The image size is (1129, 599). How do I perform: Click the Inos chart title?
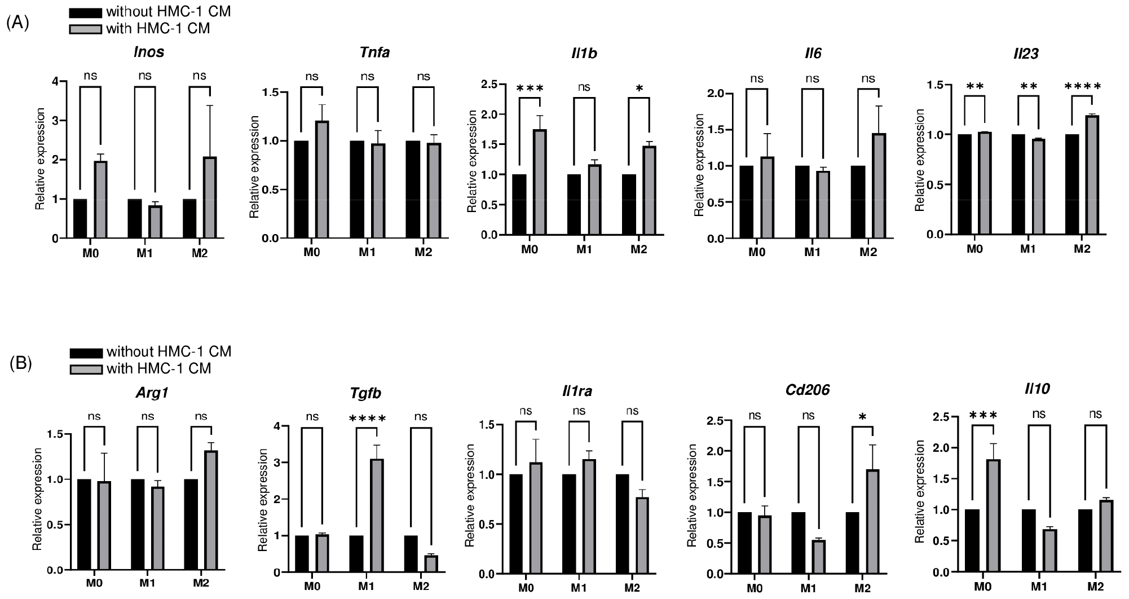coord(149,52)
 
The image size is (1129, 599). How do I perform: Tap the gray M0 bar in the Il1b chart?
coord(540,182)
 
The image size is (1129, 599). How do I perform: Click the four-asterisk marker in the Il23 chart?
coord(1082,87)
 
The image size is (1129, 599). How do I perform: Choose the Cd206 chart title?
coord(808,390)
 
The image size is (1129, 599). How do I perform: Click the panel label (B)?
coord(21,364)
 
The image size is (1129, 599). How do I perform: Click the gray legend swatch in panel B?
coord(86,369)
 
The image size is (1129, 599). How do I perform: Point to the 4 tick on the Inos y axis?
coord(54,82)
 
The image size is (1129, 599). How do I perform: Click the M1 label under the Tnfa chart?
coord(367,252)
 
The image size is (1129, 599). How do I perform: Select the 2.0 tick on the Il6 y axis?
coord(716,93)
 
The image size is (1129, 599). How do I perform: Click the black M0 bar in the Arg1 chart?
coord(84,525)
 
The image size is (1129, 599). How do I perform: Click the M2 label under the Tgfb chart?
coord(421,586)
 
